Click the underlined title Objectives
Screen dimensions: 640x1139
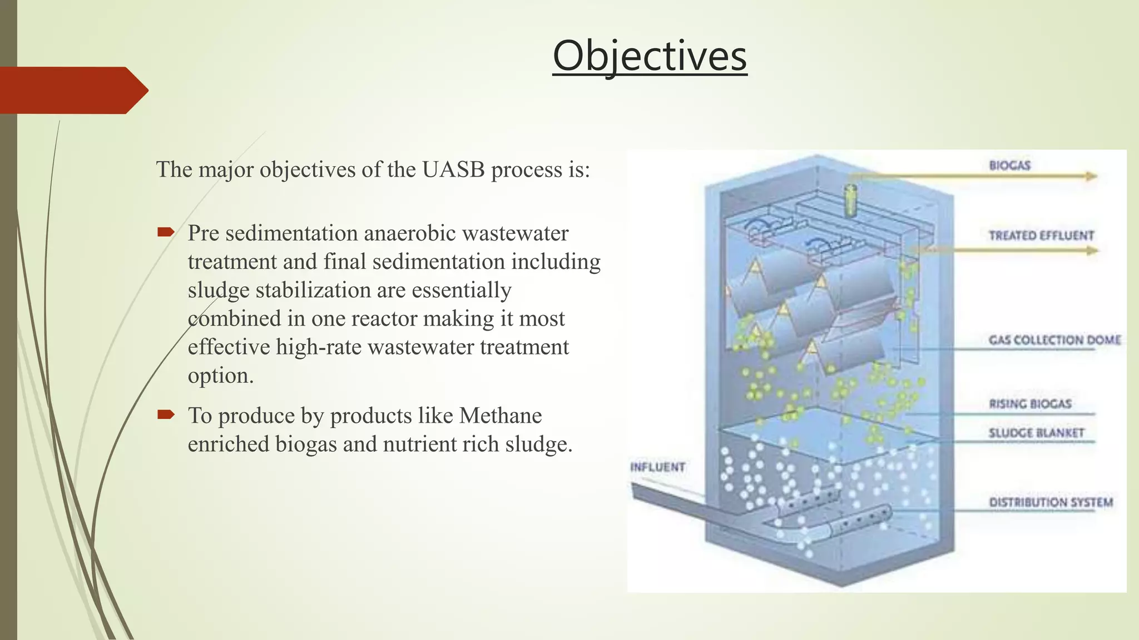tap(650, 57)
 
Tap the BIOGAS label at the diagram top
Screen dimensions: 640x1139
tap(1009, 166)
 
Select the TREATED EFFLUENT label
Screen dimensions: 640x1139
tap(1041, 236)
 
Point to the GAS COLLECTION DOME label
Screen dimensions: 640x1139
tap(1054, 340)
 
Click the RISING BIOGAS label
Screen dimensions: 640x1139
tap(1030, 404)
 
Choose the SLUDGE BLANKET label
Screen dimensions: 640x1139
tap(1036, 433)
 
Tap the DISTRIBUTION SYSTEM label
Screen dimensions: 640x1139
tap(1051, 503)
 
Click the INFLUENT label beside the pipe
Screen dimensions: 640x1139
tap(657, 467)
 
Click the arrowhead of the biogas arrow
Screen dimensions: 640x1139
tap(1091, 177)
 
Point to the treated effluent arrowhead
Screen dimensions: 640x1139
tap(1092, 251)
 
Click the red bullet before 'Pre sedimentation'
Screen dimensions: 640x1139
tap(166, 232)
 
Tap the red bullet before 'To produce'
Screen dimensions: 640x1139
tap(166, 414)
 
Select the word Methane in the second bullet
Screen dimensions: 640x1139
tap(500, 416)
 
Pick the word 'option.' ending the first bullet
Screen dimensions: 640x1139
tap(220, 376)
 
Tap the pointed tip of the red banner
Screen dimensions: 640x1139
tap(146, 90)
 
